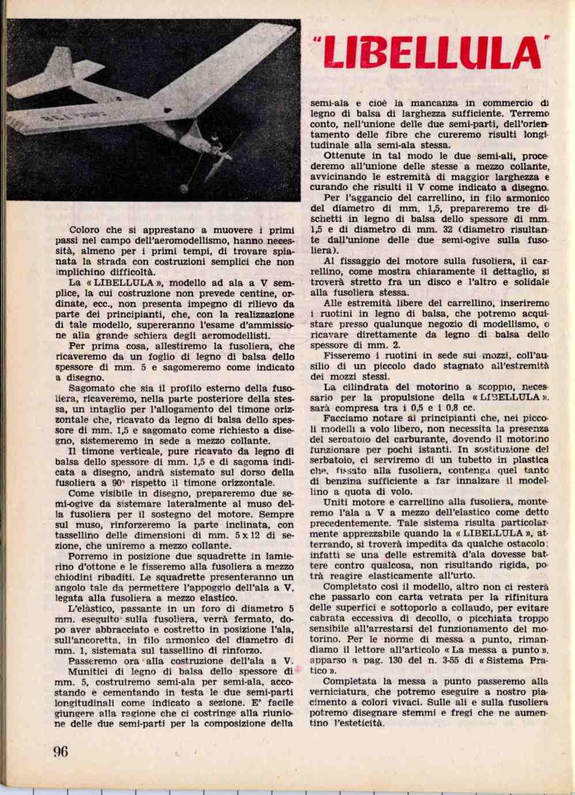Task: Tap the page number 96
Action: [60, 752]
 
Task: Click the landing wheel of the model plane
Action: [185, 188]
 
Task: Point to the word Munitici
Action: [89, 671]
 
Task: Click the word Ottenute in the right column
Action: [344, 156]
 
